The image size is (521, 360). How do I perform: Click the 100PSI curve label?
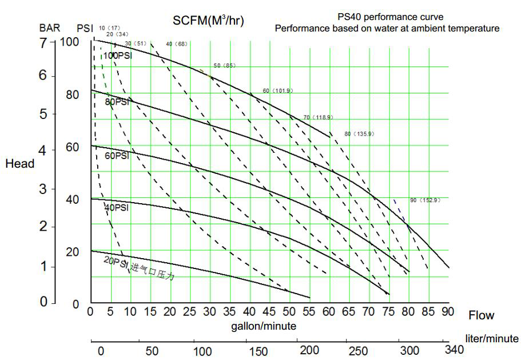coord(118,56)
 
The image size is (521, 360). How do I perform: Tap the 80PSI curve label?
coord(117,102)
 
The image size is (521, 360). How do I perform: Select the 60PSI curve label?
coord(117,155)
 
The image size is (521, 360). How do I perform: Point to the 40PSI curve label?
coord(117,207)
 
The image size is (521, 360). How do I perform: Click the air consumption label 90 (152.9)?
coord(425,200)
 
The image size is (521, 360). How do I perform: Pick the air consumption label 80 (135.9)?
coord(359,134)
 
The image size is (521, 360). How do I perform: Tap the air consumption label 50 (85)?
coord(224,66)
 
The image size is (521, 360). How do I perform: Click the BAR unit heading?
coord(50,27)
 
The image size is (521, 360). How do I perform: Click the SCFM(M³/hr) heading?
coord(208,21)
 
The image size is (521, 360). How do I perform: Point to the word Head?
coord(20,164)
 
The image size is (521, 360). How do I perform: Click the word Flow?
coord(482,315)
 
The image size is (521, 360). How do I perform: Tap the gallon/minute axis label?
coord(264,326)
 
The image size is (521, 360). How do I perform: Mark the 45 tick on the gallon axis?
coord(268,312)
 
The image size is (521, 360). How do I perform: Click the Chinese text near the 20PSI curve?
coord(152,271)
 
